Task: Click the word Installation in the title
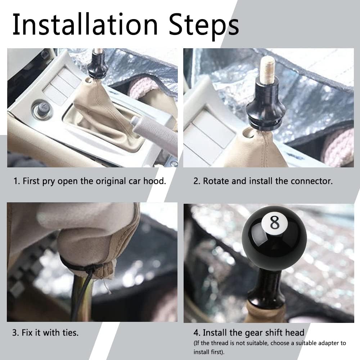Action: pyautogui.click(x=85, y=24)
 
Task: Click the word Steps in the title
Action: pyautogui.click(x=204, y=26)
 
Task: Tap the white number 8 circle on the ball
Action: pyautogui.click(x=274, y=222)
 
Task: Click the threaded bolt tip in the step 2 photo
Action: pyautogui.click(x=268, y=67)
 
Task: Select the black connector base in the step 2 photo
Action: pyautogui.click(x=266, y=105)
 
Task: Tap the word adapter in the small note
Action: pyautogui.click(x=319, y=343)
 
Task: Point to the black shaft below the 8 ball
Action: pyautogui.click(x=269, y=284)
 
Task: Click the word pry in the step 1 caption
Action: pyautogui.click(x=49, y=182)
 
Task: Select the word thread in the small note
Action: pyautogui.click(x=220, y=343)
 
